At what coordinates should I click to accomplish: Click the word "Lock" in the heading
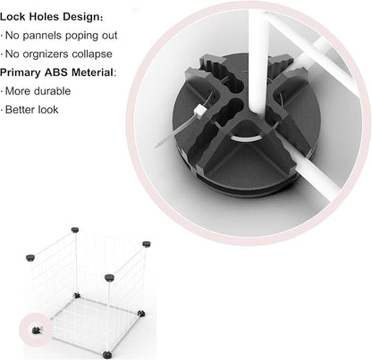13,17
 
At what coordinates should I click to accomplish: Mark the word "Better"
19,110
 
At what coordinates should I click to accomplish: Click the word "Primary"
21,73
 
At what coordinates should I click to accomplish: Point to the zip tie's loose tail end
156,147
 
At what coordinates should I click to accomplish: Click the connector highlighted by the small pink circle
36,330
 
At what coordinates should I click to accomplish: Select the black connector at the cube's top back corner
75,230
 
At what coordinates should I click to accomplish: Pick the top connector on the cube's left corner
30,257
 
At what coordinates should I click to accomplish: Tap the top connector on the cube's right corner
146,244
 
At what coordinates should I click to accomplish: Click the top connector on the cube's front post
109,278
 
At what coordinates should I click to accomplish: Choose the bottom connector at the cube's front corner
107,355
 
